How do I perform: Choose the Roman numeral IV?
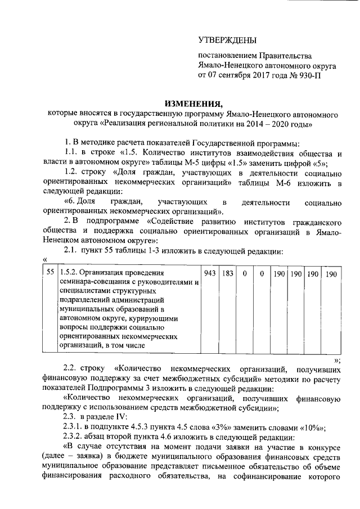coord(121,416)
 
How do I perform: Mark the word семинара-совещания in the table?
coord(92,282)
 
